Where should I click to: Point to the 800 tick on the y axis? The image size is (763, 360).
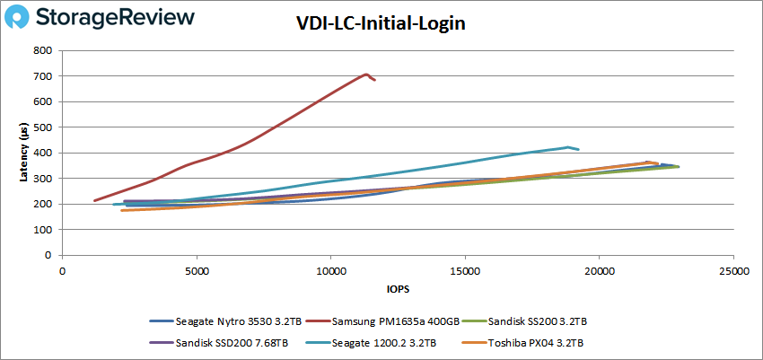click(43, 50)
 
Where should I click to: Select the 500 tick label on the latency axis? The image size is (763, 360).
click(43, 127)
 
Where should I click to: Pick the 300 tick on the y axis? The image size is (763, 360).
click(43, 179)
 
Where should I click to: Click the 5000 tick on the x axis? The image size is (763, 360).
click(197, 271)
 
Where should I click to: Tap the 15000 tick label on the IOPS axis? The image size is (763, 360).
click(465, 271)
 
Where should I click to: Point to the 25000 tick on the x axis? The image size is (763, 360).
click(733, 271)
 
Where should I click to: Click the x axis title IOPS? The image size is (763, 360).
click(398, 289)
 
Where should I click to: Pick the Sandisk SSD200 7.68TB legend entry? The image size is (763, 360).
click(219, 342)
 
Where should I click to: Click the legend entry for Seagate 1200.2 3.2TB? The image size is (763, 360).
click(373, 342)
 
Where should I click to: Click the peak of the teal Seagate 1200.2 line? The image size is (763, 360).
click(568, 146)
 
